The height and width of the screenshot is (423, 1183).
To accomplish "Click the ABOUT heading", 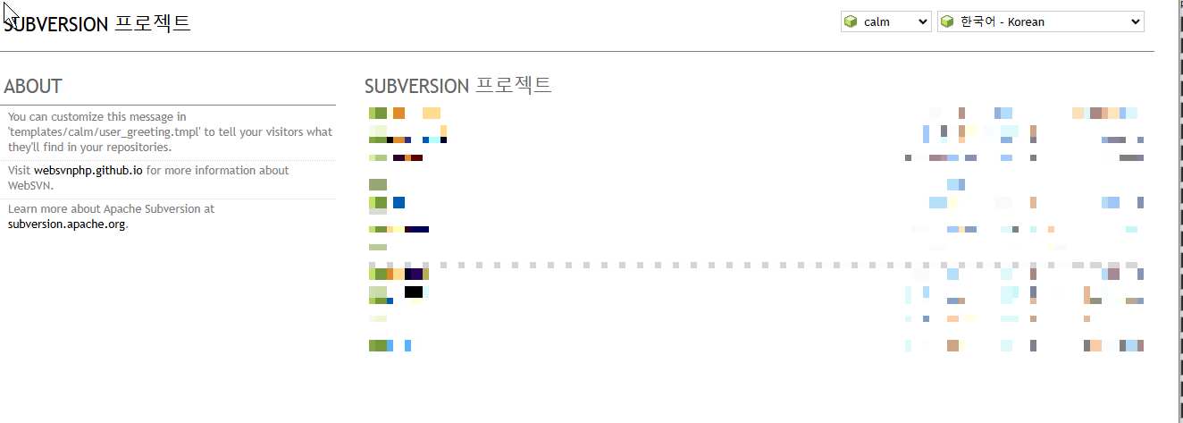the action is [x=33, y=87].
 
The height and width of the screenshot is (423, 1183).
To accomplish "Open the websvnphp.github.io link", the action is [x=88, y=170].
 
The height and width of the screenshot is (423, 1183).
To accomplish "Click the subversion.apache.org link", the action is [x=66, y=224].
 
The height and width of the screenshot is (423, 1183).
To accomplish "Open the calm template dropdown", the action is [x=886, y=21].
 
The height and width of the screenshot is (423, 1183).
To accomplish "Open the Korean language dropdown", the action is [x=1041, y=21].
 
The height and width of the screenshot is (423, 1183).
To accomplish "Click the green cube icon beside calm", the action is [x=852, y=21].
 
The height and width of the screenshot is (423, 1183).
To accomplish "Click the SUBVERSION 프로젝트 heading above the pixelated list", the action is [x=457, y=87].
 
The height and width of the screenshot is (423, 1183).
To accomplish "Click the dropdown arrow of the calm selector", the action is [x=923, y=21].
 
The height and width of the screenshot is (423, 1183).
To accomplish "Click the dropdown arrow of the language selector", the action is [x=1136, y=21].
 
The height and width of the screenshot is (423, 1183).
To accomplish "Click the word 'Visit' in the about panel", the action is [x=19, y=170].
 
